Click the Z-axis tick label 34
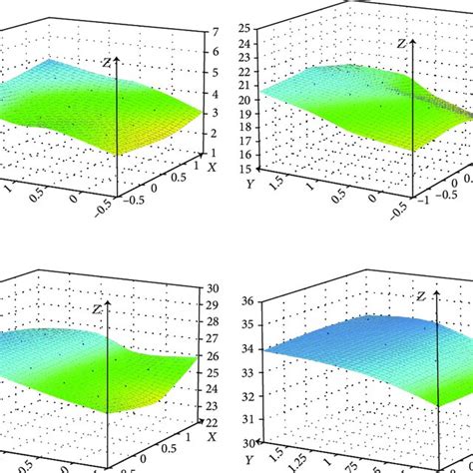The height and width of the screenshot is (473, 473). point(243,349)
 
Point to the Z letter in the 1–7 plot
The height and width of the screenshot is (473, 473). point(106,62)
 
